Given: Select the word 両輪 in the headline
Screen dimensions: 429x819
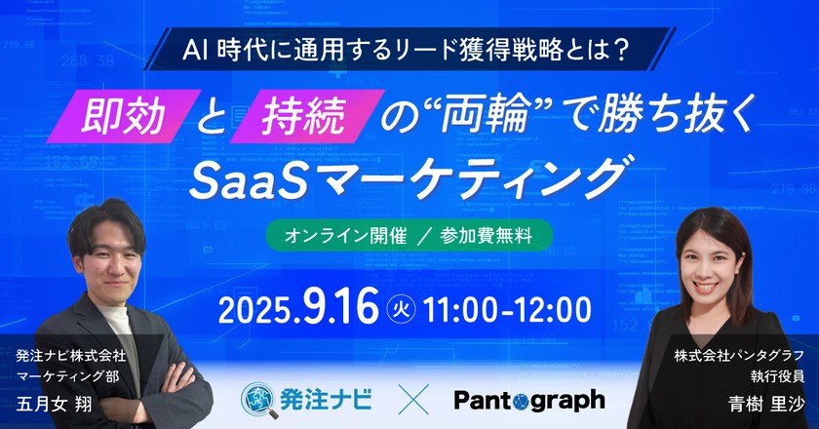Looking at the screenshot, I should coord(478,118).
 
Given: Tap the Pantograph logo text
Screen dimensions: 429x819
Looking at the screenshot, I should coord(529,399).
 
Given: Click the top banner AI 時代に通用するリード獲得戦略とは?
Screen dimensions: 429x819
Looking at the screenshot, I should coord(409,49).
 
